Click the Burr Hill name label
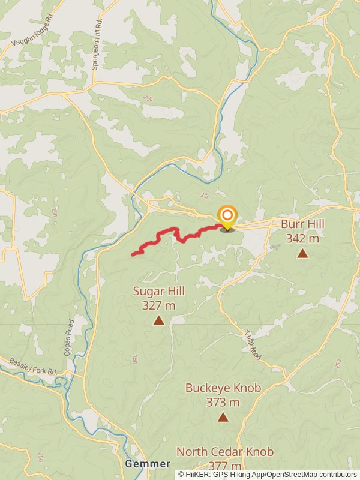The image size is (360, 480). [302, 224]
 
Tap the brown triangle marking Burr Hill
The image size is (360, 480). [302, 253]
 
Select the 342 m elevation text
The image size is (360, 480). [302, 238]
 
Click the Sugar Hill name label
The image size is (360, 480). [159, 291]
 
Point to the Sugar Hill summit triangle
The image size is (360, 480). [158, 320]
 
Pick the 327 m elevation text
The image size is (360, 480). [159, 305]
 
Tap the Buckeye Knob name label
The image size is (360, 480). [223, 388]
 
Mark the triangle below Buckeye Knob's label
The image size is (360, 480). [223, 417]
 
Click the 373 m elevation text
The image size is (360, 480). [223, 402]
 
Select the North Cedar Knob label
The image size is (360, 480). [225, 452]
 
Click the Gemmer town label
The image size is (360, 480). [148, 464]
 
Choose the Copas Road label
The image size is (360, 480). [70, 338]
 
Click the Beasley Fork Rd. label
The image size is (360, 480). [33, 367]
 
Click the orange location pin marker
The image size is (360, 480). [227, 217]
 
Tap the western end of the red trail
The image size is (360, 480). [133, 255]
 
